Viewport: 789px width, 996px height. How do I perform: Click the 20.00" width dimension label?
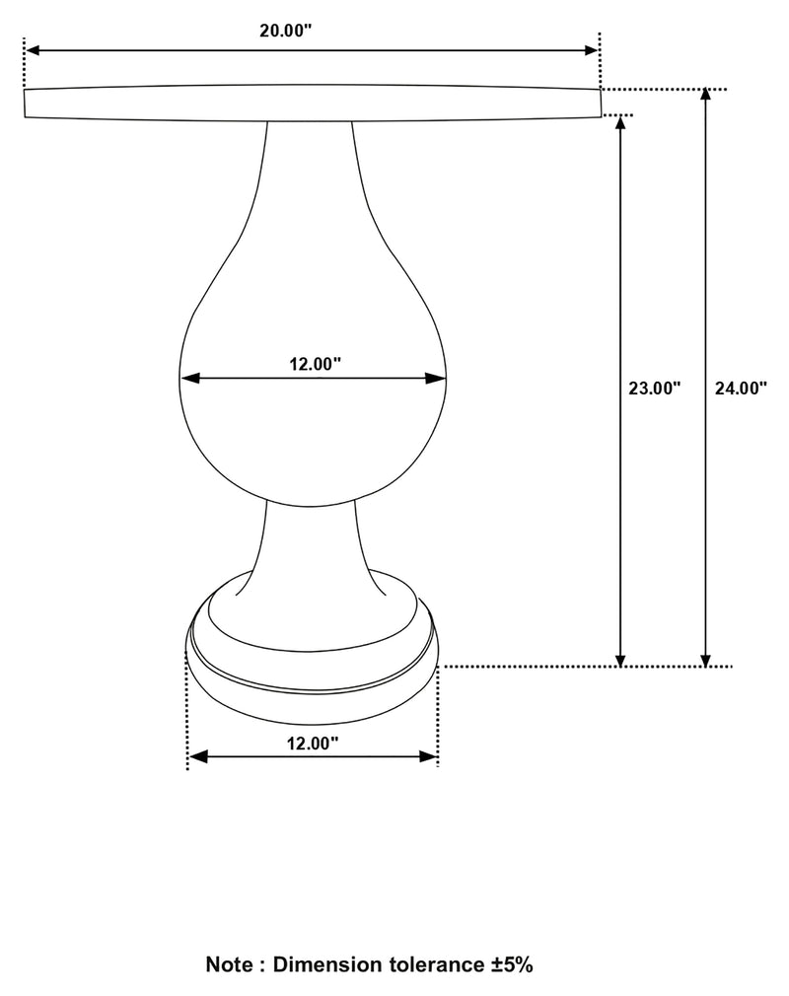285,30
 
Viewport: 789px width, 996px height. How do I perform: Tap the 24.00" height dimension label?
740,389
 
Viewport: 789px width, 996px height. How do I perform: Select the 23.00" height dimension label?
655,389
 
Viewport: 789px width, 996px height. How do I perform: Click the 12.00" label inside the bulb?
315,364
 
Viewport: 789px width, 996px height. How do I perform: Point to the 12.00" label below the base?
313,744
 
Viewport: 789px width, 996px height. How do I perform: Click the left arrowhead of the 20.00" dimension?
31,48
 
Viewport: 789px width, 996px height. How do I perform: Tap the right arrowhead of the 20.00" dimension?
592,48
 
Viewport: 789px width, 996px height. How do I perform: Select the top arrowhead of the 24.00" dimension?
705,96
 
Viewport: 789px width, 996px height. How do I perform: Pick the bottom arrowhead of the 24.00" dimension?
705,660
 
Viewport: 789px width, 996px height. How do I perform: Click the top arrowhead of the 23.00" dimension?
620,122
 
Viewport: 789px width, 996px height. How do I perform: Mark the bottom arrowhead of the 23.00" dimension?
620,660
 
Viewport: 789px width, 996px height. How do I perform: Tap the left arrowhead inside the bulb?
187,377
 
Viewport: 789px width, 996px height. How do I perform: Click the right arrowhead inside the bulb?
440,377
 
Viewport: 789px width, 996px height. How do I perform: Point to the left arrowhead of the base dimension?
195,756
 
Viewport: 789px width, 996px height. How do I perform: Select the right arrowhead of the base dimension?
430,756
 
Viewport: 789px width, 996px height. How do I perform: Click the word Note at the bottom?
228,963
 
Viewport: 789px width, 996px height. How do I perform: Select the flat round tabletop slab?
312,103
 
